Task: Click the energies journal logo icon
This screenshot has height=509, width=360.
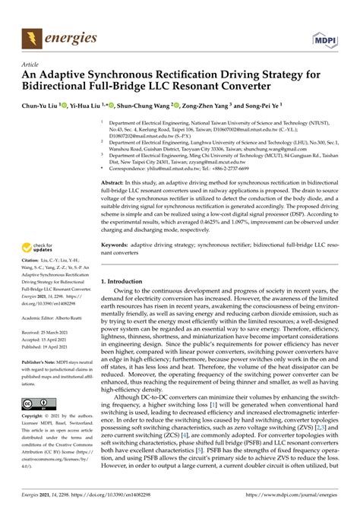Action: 30,35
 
